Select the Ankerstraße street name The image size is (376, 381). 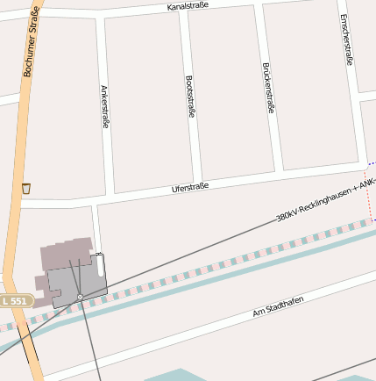coord(105,107)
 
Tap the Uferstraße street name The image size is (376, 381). coord(190,188)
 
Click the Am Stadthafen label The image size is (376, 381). coord(278,306)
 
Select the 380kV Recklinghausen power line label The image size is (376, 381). coord(324,200)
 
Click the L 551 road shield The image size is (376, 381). coord(15,301)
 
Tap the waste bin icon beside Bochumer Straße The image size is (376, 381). coord(26,188)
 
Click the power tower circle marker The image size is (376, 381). coord(80,298)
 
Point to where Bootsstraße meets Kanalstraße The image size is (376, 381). coord(181,15)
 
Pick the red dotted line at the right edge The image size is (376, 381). coord(368,198)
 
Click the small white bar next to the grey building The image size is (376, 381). coord(100,266)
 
